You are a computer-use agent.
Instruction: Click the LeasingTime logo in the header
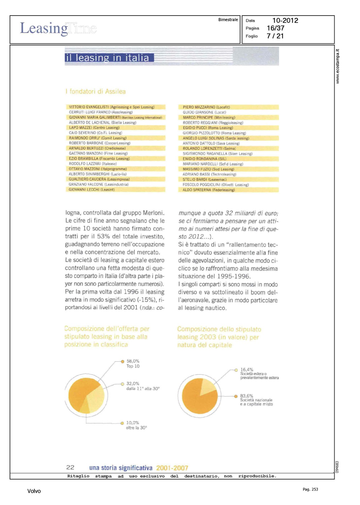[58, 28]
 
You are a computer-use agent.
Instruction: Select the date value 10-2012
[285, 21]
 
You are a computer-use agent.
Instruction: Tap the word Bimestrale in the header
[228, 20]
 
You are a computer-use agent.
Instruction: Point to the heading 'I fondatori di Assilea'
[96, 92]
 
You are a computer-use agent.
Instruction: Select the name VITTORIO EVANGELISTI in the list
[89, 107]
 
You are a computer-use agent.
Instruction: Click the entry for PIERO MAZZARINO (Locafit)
[206, 107]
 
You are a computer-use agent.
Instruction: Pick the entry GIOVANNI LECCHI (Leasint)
[92, 190]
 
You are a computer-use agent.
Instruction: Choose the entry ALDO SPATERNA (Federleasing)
[208, 190]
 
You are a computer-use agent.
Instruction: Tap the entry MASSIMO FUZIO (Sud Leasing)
[208, 169]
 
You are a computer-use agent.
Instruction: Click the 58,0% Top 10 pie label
[133, 364]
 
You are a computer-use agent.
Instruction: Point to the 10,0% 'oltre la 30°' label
[136, 425]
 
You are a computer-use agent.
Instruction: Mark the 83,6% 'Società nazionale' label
[256, 400]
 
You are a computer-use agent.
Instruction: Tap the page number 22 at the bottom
[70, 467]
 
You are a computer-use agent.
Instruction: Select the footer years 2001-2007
[172, 468]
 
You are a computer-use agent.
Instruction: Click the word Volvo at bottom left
[34, 491]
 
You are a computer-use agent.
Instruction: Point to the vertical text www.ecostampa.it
[338, 66]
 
